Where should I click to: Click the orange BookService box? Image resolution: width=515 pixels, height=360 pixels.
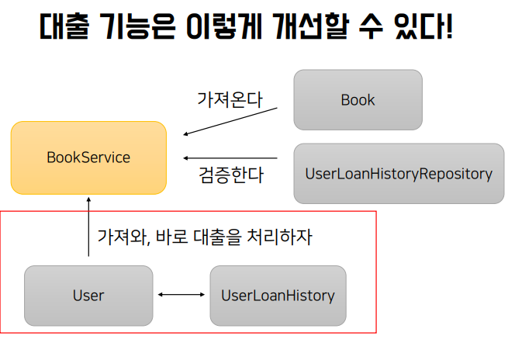pos(88,157)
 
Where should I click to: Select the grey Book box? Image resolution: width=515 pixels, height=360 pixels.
pos(358,100)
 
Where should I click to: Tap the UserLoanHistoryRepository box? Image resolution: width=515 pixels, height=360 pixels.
pos(399,174)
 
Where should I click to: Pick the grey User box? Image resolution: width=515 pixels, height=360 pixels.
pos(88,296)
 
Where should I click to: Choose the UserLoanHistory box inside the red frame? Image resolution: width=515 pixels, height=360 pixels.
pos(278,296)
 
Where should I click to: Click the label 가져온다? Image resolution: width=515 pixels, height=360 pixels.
pos(230,99)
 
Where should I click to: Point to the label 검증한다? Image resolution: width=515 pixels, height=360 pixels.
pos(231,175)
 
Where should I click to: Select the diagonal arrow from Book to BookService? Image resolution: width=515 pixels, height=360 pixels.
pos(230,121)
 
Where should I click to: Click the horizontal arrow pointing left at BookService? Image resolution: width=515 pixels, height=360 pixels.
pos(230,158)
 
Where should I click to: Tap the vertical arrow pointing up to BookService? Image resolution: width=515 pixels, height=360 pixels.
pos(88,227)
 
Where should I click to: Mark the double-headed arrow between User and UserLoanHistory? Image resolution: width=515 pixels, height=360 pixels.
pos(181,295)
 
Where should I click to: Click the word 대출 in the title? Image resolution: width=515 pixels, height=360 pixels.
pos(64,26)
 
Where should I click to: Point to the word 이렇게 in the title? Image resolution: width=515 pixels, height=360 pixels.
pos(224,26)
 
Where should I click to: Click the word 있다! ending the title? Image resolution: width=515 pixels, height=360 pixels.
pos(424,26)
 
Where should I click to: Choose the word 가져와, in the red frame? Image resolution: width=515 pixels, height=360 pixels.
pos(124,237)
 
